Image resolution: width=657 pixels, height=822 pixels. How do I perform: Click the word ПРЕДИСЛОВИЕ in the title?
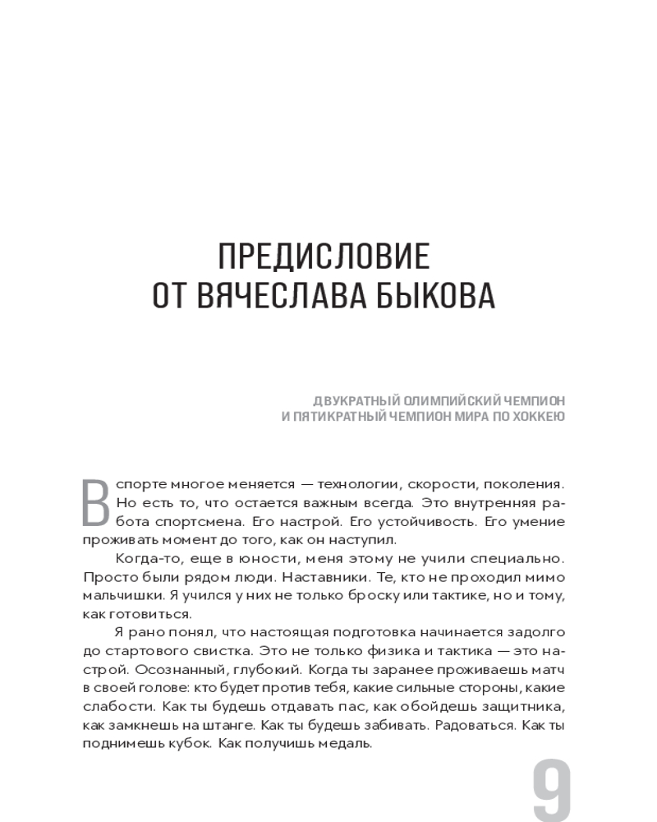[324, 258]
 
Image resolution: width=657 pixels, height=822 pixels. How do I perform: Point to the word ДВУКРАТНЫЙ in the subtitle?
[356, 400]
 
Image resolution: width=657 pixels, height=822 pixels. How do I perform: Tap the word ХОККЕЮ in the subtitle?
[536, 417]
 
